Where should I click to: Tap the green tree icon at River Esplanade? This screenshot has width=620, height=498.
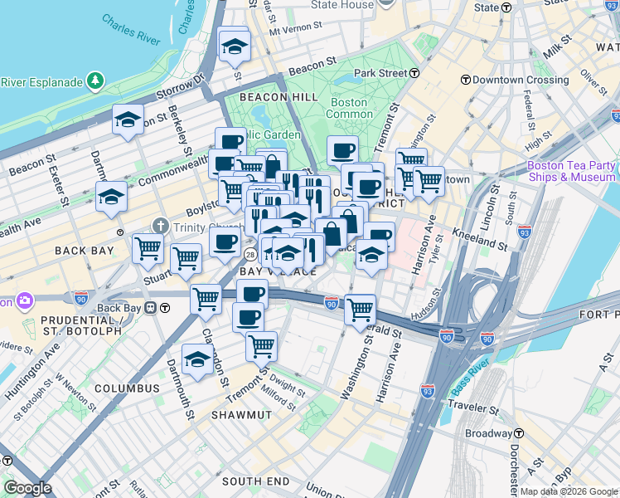97,81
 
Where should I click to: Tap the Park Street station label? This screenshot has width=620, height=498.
381,73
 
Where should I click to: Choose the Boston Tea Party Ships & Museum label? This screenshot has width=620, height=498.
571,171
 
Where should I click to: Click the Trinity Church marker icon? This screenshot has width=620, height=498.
161,226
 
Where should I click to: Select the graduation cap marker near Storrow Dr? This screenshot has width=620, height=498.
128,120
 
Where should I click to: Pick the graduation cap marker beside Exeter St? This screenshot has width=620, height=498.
111,198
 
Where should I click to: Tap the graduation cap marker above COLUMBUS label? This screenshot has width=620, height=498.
197,360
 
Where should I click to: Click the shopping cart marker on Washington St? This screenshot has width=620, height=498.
360,310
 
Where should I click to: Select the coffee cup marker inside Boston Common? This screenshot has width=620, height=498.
342,151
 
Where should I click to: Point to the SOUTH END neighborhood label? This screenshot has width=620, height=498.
255,481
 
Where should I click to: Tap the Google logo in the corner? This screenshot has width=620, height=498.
27,487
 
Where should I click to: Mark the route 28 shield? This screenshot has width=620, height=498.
249,255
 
